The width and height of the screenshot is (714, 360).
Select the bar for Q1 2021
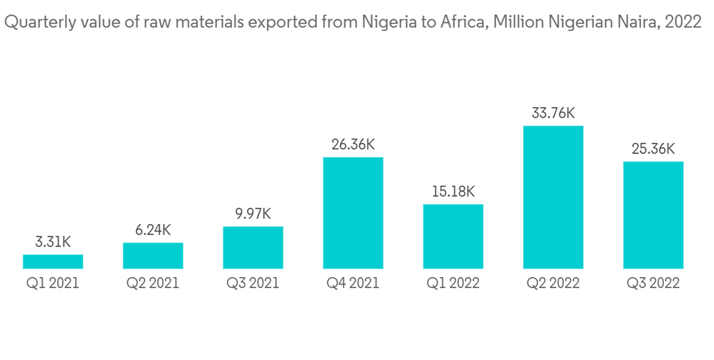click(53, 261)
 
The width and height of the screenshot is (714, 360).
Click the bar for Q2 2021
click(153, 256)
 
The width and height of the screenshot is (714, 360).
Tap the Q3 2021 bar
click(253, 248)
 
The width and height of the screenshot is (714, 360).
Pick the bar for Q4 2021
click(353, 213)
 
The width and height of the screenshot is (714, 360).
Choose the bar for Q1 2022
click(453, 236)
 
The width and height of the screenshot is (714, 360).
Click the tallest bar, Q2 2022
click(553, 197)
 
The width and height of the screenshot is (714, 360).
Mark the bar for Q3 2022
click(653, 215)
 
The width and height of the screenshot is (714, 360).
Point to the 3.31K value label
click(53, 242)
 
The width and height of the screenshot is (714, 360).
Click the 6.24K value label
click(153, 230)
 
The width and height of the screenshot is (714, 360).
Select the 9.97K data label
click(253, 214)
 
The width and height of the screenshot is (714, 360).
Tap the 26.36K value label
click(353, 144)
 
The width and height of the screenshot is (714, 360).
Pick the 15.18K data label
click(453, 191)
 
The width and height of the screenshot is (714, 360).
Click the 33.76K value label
click(553, 113)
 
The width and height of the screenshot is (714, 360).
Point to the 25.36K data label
click(653, 149)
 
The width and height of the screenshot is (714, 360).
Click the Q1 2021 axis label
click(53, 284)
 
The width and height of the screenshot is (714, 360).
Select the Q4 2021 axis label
click(353, 284)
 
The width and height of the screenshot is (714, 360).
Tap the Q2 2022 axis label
click(553, 284)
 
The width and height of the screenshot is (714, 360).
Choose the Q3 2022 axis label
click(653, 284)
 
